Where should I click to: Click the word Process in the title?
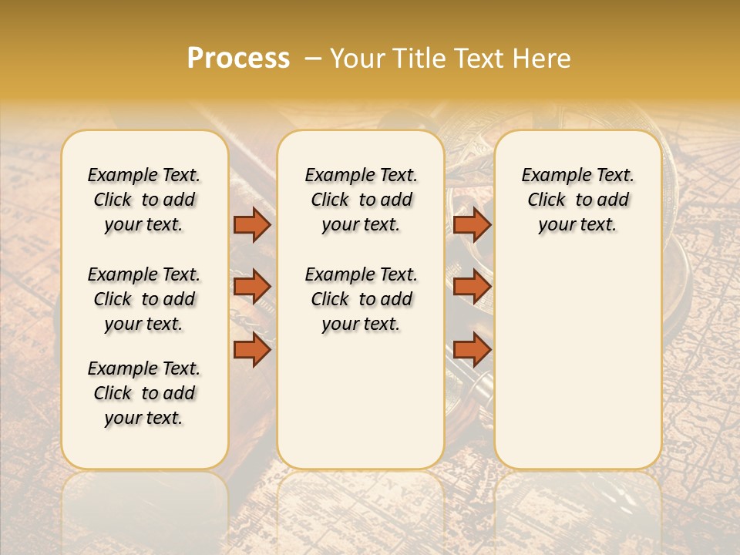point(238,59)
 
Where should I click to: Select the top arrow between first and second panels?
point(252,224)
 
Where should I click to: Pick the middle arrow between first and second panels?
point(252,287)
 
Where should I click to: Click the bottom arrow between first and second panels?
point(252,349)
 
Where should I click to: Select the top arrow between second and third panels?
point(472,224)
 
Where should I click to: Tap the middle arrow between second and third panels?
point(472,287)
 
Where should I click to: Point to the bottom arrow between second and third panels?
point(472,349)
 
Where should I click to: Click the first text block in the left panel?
point(144,200)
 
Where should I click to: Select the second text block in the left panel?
point(144,299)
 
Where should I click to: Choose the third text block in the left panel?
point(144,393)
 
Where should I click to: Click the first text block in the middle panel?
point(361,200)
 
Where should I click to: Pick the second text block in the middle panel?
point(361,299)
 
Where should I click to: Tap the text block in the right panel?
point(577,200)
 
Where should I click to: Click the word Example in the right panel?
point(551,176)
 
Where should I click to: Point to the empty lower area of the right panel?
point(577,362)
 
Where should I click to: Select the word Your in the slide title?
point(355,59)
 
